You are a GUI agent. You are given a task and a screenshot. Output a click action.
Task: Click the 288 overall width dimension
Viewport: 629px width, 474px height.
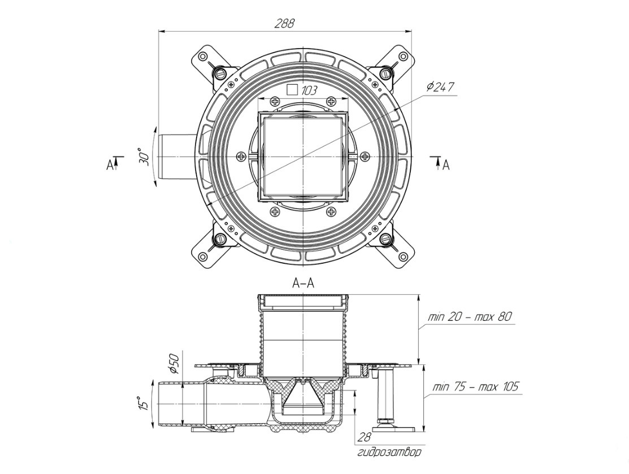click(285, 24)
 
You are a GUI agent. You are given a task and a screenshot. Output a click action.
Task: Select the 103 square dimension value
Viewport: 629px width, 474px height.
click(309, 90)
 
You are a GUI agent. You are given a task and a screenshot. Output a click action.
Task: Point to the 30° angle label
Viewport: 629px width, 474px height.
click(144, 157)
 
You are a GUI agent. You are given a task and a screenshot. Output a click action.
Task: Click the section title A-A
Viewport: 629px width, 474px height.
click(303, 284)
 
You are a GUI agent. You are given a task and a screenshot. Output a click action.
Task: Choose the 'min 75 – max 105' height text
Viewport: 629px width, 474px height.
click(475, 388)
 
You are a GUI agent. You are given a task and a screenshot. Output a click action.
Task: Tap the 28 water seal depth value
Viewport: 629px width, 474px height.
click(365, 437)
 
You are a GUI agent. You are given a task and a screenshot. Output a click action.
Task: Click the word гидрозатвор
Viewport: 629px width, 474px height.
click(389, 452)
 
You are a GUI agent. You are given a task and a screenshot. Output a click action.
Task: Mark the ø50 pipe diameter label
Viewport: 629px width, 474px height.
click(173, 363)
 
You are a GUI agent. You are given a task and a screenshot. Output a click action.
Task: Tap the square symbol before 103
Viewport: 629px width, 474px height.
click(292, 89)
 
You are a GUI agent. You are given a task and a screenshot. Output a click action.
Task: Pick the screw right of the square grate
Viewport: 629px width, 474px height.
click(365, 156)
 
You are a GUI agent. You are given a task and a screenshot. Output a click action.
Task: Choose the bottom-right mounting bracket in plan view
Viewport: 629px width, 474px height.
click(396, 249)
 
